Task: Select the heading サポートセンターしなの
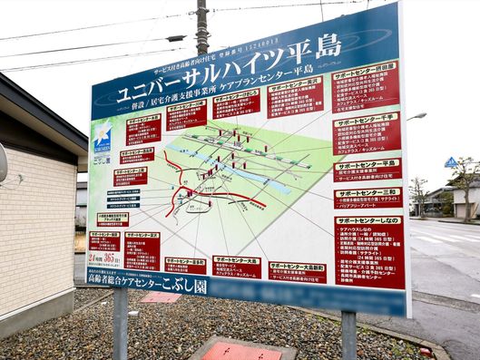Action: pos(368,220)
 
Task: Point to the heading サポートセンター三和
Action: pos(367,192)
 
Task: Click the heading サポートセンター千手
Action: pos(365,117)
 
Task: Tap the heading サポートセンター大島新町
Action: pos(297,268)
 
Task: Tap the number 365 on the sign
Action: pos(111,258)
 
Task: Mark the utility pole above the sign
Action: pos(201,27)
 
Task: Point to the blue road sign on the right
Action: pos(450,163)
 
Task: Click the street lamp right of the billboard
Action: pos(416,116)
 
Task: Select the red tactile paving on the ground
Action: pos(240,351)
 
